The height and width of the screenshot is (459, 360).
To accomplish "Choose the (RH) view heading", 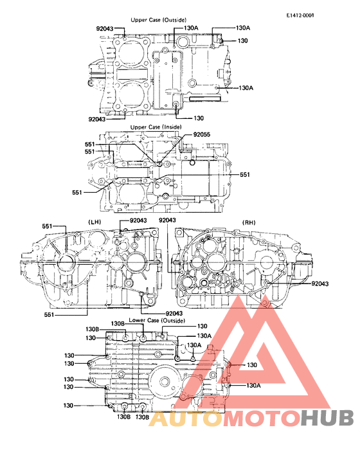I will pyautogui.click(x=248, y=222).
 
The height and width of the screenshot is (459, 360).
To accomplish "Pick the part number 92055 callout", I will pyautogui.click(x=201, y=134).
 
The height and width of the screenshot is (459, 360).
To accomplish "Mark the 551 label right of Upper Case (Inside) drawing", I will pyautogui.click(x=245, y=174).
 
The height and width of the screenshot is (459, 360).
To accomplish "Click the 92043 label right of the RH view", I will pyautogui.click(x=321, y=283).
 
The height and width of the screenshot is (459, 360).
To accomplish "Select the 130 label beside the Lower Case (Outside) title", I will pyautogui.click(x=202, y=327).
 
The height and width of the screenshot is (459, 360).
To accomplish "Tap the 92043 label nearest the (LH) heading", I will pyautogui.click(x=138, y=221).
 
